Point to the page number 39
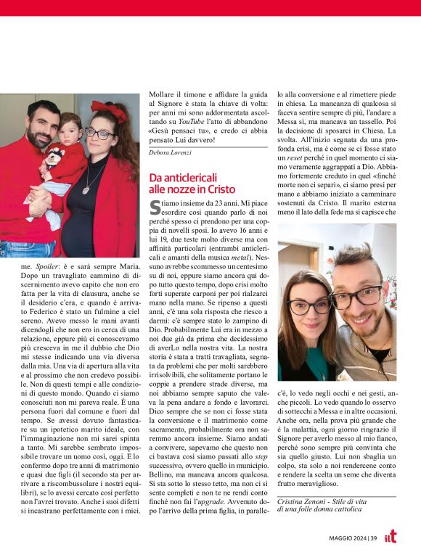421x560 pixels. tap(372, 538)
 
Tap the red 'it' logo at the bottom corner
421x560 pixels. tap(391, 536)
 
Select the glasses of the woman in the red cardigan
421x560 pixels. tap(99, 133)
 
